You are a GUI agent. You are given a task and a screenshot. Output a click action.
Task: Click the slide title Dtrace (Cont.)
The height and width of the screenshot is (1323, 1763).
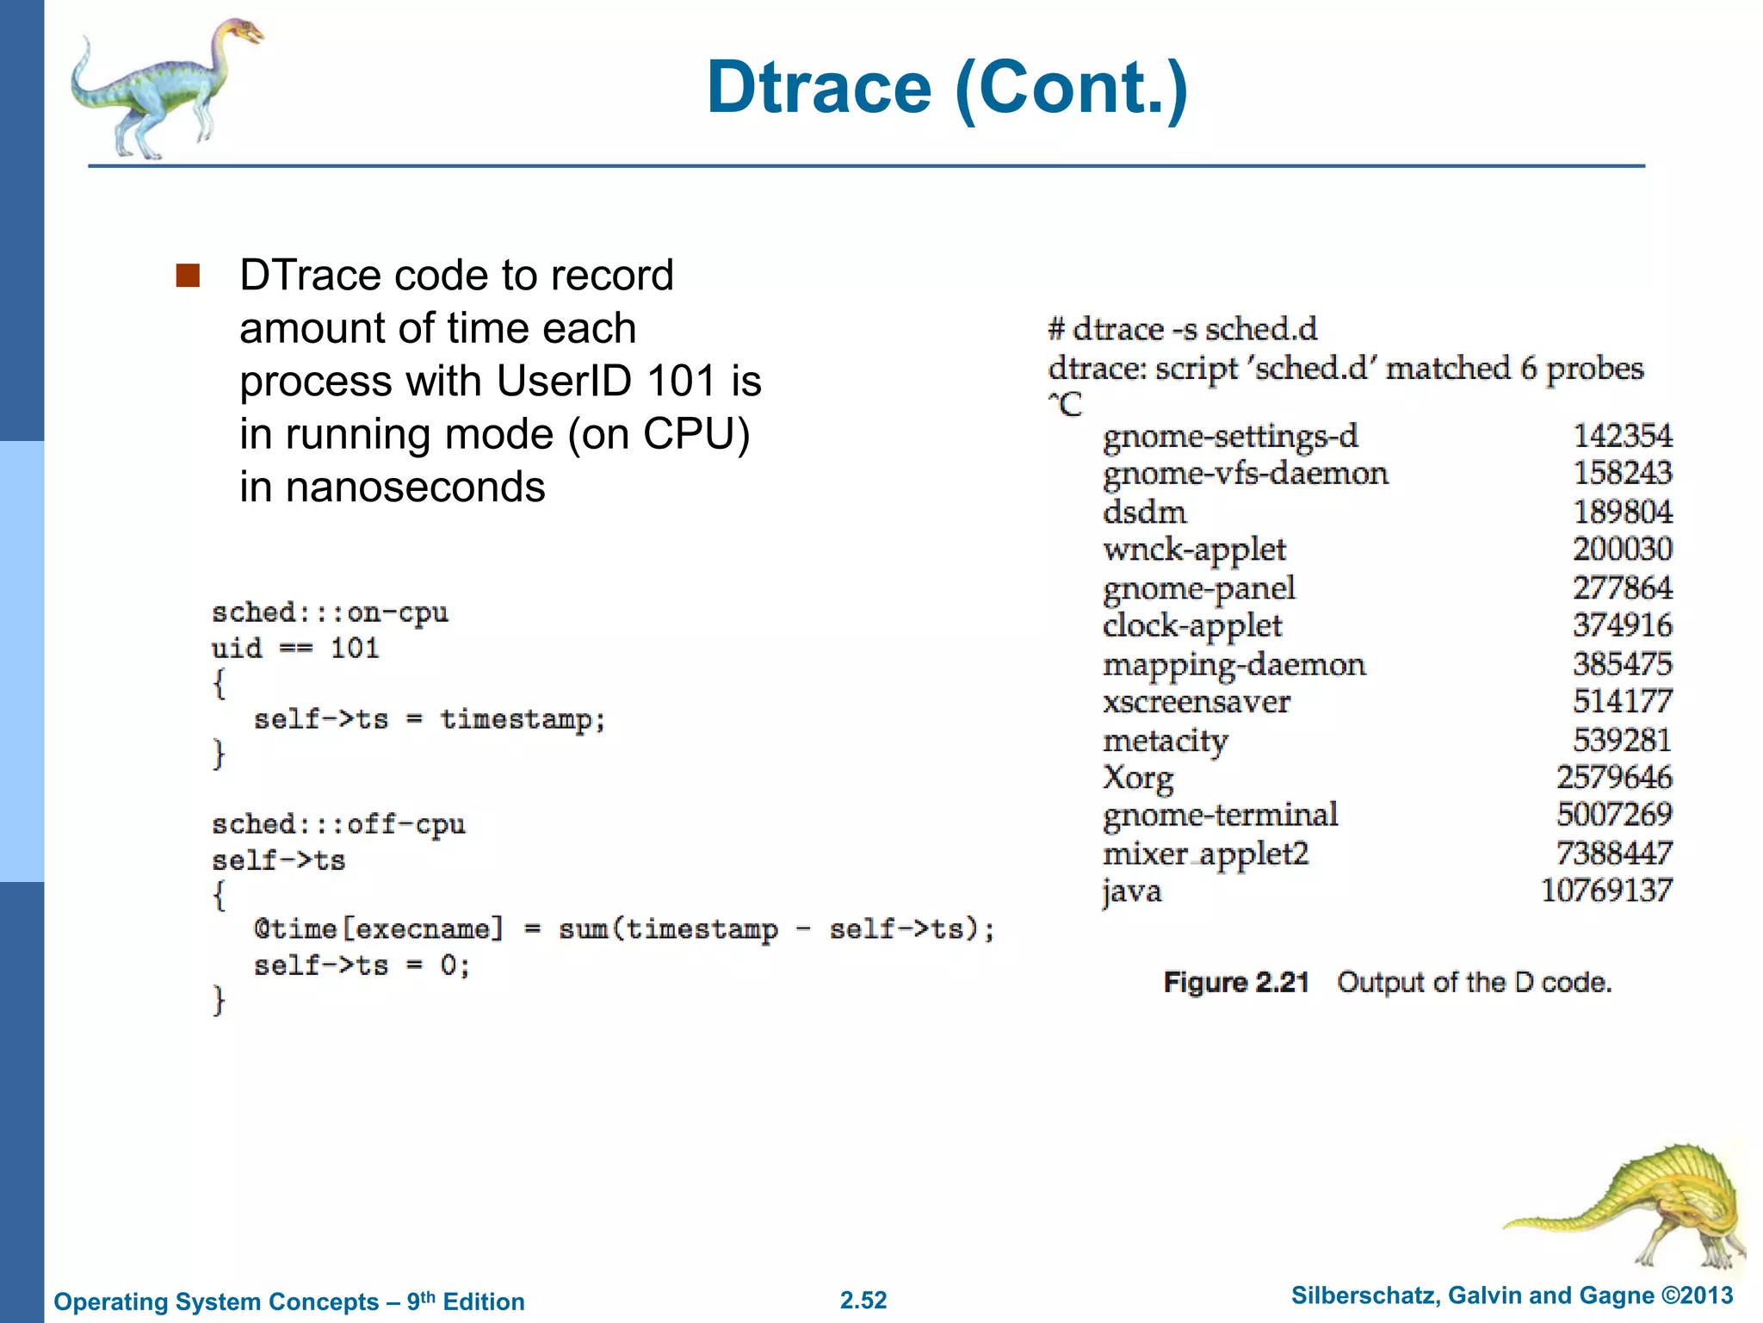click(x=947, y=88)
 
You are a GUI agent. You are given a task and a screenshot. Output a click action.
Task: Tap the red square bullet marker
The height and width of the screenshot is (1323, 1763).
click(x=188, y=276)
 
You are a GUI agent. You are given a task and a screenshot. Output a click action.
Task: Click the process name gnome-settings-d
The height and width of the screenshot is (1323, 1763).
click(x=1230, y=436)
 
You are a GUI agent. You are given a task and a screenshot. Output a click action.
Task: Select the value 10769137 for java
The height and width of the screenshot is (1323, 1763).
click(x=1606, y=891)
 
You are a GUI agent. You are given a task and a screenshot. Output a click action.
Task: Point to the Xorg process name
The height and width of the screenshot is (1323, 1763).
click(x=1138, y=778)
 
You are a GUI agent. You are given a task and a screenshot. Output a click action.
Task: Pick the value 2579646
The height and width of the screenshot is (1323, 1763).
click(x=1614, y=777)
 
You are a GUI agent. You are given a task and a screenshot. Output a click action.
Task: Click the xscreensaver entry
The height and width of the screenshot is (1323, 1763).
click(x=1197, y=702)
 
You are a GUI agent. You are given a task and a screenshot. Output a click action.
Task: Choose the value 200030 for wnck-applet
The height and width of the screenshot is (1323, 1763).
click(x=1623, y=549)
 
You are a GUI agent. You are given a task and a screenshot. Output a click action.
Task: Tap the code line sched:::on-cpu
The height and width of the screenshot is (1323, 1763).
click(x=330, y=612)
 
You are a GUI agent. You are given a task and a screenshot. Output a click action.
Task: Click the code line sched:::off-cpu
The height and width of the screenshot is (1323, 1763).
click(x=338, y=824)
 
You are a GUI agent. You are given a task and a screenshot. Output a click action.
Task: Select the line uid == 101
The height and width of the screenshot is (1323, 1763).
click(x=295, y=648)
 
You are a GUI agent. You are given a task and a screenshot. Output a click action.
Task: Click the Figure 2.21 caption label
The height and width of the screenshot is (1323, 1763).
click(x=1236, y=983)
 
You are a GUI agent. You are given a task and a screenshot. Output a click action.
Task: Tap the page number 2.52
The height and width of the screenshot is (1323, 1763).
click(x=863, y=1300)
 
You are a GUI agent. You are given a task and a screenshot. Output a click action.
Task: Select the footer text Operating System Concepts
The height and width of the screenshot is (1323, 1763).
click(x=216, y=1301)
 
